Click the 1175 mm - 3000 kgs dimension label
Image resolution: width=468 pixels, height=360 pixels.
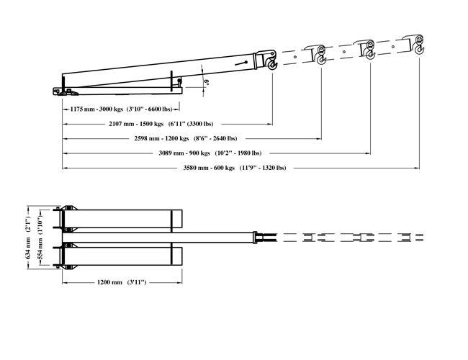(x=96, y=109)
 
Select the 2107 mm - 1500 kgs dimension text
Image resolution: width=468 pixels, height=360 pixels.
(x=136, y=124)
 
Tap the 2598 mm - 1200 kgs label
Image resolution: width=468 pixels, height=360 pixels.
(x=161, y=138)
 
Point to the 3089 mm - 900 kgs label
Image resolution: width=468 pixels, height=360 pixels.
(x=184, y=153)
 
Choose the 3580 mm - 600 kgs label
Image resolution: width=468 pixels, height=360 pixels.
(x=209, y=168)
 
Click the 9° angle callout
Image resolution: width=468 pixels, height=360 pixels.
(x=206, y=82)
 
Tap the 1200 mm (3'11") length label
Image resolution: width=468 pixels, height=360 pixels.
(x=122, y=282)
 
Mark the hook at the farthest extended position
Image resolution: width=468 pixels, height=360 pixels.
(x=420, y=49)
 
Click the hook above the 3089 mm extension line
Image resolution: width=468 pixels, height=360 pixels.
(x=370, y=54)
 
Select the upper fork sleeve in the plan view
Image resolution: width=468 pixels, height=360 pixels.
(x=122, y=219)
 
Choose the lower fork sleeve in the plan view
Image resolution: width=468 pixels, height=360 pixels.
(x=122, y=256)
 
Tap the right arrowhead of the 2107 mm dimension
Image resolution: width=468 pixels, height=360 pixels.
(x=270, y=124)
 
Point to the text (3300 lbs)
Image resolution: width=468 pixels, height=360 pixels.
(x=200, y=124)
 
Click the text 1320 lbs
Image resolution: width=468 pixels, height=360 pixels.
(x=274, y=168)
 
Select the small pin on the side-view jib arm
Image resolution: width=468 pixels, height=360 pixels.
(x=246, y=63)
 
